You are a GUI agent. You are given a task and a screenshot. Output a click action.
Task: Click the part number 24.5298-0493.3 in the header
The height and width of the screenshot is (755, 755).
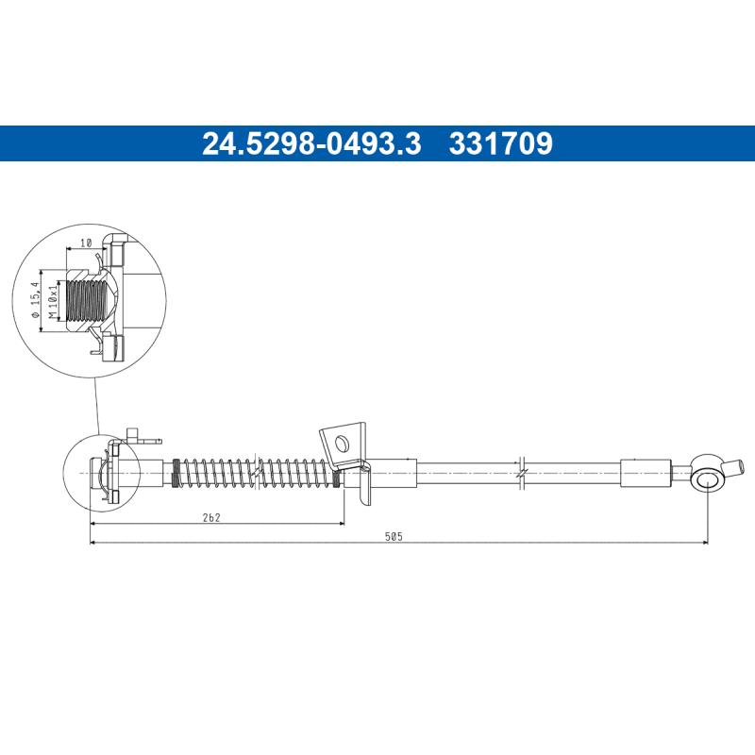pos(310,143)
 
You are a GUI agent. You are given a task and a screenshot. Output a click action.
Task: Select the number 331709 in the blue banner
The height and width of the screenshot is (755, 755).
pos(501,143)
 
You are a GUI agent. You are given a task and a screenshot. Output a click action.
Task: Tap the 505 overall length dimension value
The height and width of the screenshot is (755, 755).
pos(394,535)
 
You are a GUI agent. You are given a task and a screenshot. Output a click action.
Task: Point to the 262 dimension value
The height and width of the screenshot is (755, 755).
pos(211,515)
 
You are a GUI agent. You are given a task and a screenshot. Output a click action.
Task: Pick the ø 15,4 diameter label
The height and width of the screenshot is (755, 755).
pos(34,300)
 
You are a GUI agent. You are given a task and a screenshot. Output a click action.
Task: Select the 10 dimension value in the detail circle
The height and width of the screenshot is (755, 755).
pos(86,243)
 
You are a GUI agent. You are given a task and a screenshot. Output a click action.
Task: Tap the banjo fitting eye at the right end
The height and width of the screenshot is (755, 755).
pos(707,482)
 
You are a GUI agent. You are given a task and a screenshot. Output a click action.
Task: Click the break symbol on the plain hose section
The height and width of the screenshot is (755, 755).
pos(522,469)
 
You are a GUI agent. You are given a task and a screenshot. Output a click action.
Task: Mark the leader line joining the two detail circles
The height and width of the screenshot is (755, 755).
pos(96,406)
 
